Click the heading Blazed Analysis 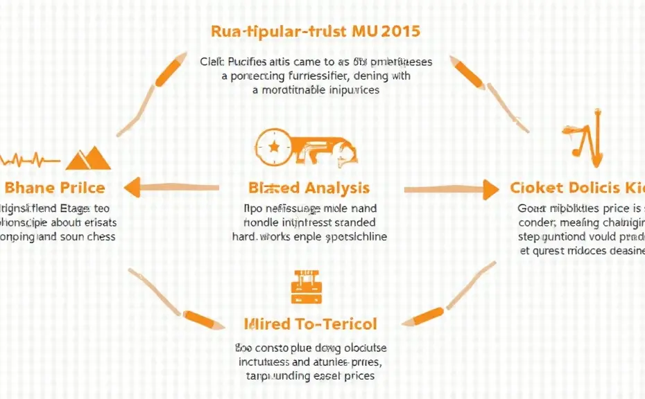pyautogui.click(x=309, y=188)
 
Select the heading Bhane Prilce pyautogui.click(x=55, y=187)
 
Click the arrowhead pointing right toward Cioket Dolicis pyautogui.click(x=490, y=188)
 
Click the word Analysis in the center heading pyautogui.click(x=336, y=188)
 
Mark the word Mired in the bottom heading pyautogui.click(x=266, y=323)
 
